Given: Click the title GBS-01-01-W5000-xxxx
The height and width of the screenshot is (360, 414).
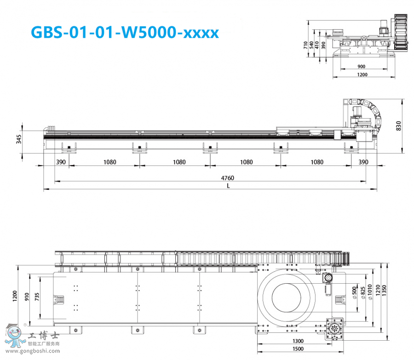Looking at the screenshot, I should pos(124,32).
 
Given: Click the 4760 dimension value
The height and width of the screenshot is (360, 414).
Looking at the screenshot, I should pos(228,177).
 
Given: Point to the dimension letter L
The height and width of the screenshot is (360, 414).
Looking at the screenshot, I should pos(228,186).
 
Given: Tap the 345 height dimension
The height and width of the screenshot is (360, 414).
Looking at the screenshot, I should pos(19,139).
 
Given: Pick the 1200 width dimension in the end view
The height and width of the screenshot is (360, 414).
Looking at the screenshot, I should pos(363,75).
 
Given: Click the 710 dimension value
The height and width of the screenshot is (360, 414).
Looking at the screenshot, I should pos(305,45).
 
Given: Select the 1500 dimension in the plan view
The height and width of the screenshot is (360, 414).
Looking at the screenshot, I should pos(298,349).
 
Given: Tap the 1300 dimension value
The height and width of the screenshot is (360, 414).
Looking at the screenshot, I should pos(298,341).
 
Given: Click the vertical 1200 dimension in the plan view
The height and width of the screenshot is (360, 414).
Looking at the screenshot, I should pos(15,297).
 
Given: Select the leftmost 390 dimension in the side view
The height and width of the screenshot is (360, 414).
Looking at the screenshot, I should pos(61,162).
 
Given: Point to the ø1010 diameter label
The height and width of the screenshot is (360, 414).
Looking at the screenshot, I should pos(370,291).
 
